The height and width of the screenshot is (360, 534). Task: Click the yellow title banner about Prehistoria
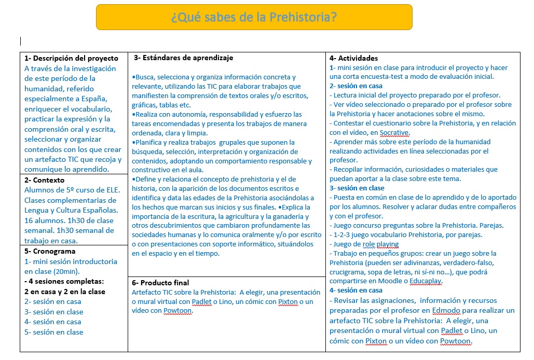254,17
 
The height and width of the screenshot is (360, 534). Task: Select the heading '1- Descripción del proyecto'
72,58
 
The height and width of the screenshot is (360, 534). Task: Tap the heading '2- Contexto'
45,180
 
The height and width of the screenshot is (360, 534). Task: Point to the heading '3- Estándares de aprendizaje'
184,58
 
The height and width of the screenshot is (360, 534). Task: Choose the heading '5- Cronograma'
50,251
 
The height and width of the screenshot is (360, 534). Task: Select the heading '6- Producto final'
160,283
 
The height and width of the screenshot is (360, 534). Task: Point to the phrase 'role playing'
381,244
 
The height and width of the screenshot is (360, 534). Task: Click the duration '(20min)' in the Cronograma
63,271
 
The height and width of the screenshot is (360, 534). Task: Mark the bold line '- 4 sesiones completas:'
64,281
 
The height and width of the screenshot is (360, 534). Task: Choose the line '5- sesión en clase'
54,332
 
